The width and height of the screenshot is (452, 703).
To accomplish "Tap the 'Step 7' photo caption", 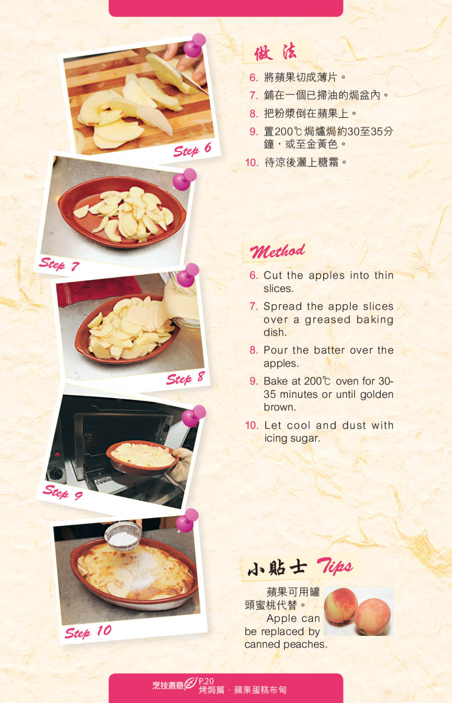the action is [59, 264].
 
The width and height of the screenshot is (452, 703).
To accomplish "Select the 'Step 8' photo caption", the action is [186, 378].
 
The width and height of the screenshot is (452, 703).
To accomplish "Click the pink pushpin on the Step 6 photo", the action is [195, 45].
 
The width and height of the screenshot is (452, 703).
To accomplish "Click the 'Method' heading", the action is [277, 251].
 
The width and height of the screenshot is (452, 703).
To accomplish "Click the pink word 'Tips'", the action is [335, 566].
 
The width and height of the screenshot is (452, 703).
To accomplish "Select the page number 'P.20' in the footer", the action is [206, 681].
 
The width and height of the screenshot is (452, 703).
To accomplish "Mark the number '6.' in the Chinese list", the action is [253, 78].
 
